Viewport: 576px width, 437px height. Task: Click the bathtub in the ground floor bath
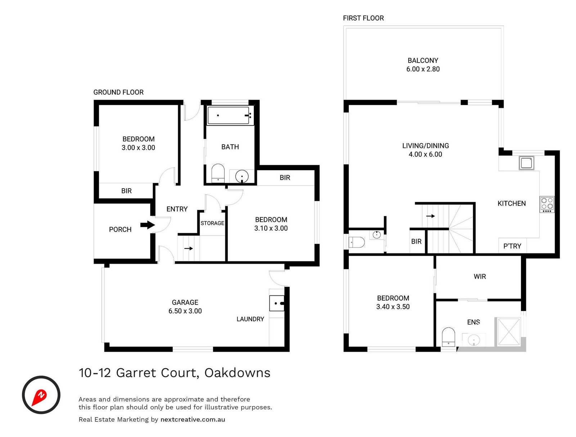(x=228, y=116)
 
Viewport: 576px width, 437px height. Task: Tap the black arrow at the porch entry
(x=147, y=225)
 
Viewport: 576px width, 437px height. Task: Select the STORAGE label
(x=212, y=223)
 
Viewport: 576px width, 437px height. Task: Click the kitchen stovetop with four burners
(x=547, y=204)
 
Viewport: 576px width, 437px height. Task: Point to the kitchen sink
(x=526, y=163)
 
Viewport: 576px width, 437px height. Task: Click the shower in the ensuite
(x=508, y=332)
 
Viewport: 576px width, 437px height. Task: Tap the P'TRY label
(x=512, y=246)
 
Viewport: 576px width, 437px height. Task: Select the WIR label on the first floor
(x=480, y=276)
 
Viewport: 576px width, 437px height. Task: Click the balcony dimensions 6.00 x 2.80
(x=423, y=69)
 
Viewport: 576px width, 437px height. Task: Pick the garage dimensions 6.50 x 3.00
(x=185, y=311)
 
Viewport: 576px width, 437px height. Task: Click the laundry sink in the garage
(x=276, y=303)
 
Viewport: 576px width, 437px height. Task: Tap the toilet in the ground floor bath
(x=218, y=173)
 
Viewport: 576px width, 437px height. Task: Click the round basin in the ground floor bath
(x=242, y=176)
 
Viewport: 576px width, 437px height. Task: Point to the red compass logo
(x=41, y=395)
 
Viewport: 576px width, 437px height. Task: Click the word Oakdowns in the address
(x=237, y=373)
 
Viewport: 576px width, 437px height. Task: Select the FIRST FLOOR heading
(x=363, y=18)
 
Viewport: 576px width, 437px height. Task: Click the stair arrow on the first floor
(x=431, y=216)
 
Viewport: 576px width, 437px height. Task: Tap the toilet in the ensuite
(x=448, y=337)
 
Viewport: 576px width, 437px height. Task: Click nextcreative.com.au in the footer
(x=193, y=419)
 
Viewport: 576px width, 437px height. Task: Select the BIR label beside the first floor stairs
(x=416, y=242)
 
